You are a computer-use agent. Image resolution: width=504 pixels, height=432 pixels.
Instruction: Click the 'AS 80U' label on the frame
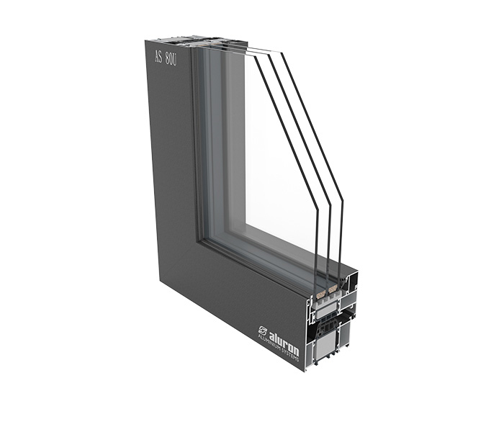pyautogui.click(x=166, y=58)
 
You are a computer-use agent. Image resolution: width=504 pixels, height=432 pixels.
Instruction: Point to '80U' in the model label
pyautogui.click(x=171, y=60)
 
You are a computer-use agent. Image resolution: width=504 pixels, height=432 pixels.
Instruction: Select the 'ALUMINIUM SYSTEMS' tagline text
pyautogui.click(x=278, y=348)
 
